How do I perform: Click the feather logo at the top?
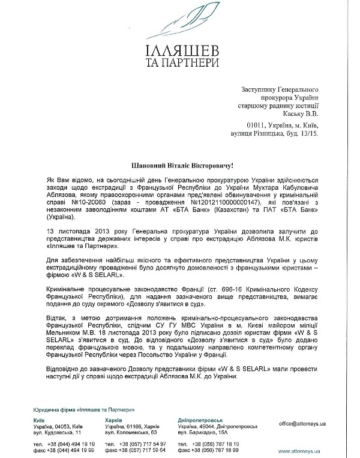pos(180,21)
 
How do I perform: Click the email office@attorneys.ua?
pos(303,423)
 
